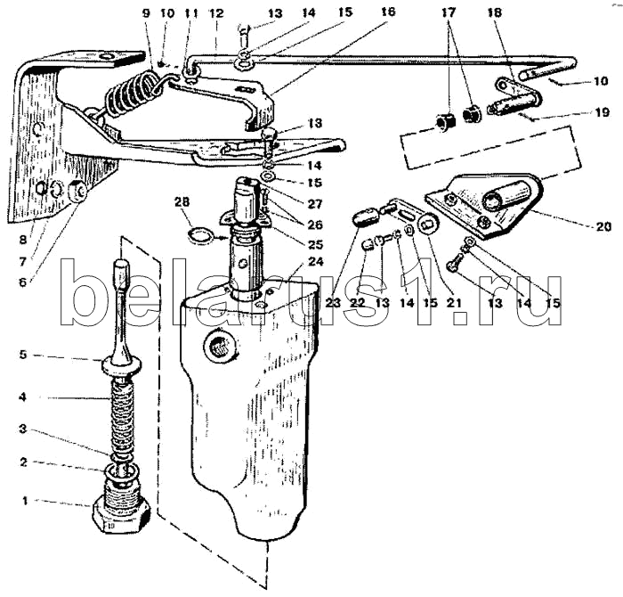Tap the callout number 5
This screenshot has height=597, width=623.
click(x=23, y=354)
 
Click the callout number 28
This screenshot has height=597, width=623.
click(x=182, y=201)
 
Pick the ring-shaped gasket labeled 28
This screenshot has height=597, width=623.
click(x=199, y=235)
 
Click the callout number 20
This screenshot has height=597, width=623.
click(x=603, y=226)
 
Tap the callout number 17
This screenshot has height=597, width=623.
click(x=448, y=12)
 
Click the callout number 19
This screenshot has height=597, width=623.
click(x=603, y=112)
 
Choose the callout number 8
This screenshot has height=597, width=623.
click(x=22, y=240)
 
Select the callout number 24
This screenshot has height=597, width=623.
click(x=315, y=262)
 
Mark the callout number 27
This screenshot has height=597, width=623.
click(x=315, y=204)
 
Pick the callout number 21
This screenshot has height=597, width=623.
click(x=455, y=303)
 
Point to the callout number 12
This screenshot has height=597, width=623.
click(x=217, y=13)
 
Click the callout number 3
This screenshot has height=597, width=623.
click(x=23, y=429)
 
